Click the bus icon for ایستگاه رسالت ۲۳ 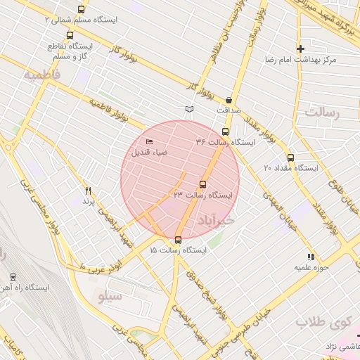click(x=203, y=185)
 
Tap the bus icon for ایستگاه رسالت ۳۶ click(x=225, y=131)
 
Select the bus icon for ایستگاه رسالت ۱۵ click(x=178, y=240)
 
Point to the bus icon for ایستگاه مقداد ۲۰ click(x=290, y=157)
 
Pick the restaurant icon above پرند click(x=88, y=191)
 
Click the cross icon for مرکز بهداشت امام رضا click(x=300, y=49)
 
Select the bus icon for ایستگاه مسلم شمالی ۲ click(x=81, y=10)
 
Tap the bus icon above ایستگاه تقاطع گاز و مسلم click(x=69, y=35)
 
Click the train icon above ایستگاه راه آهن click(x=13, y=277)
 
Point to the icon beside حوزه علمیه click(x=310, y=257)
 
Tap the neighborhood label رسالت click(x=322, y=112)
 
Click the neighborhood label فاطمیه click(x=41, y=74)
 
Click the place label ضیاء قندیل click(x=148, y=153)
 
